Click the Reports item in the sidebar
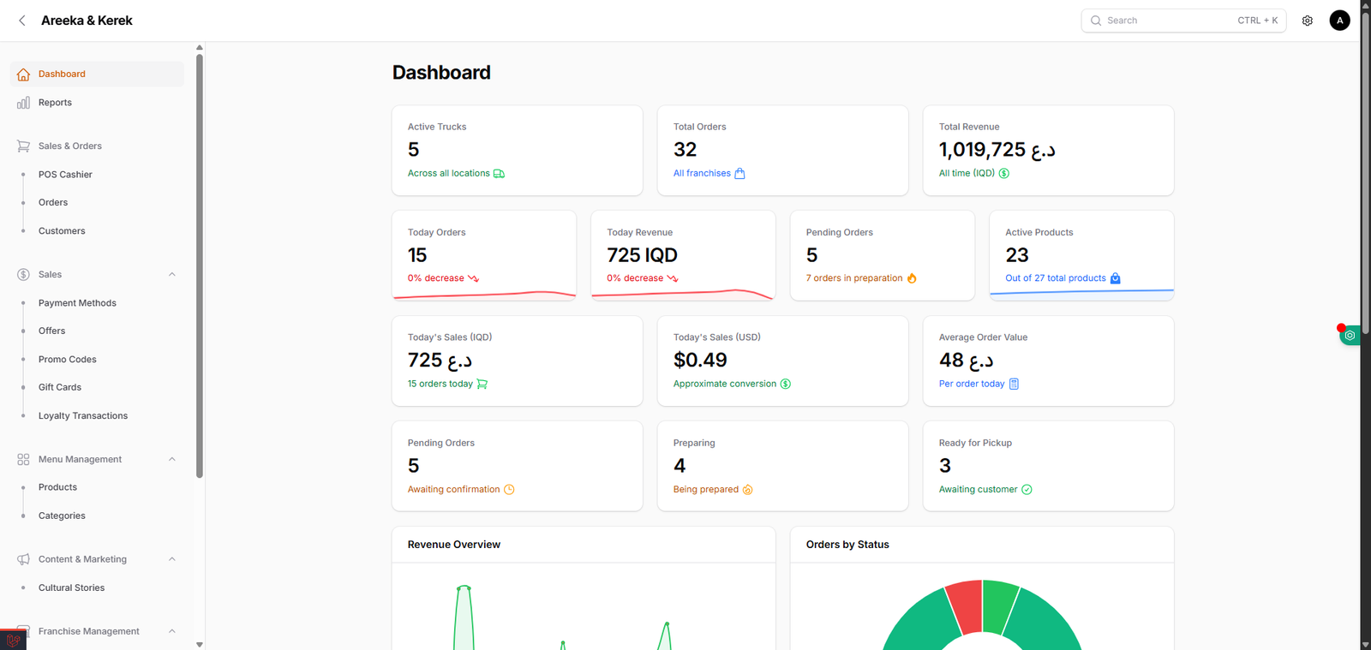[55, 103]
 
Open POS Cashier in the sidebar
[65, 175]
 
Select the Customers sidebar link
[62, 231]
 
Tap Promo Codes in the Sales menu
[67, 360]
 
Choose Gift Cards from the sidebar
[60, 388]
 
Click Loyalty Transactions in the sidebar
[82, 416]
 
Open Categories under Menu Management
[62, 516]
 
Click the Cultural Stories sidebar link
[71, 588]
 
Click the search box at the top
[1182, 21]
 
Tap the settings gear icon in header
[1308, 21]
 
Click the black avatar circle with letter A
[1339, 21]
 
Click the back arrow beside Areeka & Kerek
[22, 21]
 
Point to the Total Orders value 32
[685, 150]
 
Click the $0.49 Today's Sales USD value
[700, 361]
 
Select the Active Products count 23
[1017, 255]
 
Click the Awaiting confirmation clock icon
[509, 490]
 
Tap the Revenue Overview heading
[454, 545]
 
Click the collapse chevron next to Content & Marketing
[172, 559]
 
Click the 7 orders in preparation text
[853, 278]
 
